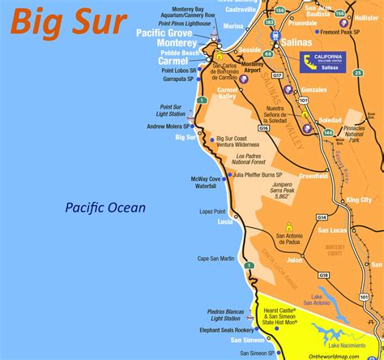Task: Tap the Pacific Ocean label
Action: (x=105, y=208)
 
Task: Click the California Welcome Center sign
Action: (x=322, y=62)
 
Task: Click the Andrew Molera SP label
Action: (x=167, y=126)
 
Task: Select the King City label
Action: (x=359, y=199)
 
